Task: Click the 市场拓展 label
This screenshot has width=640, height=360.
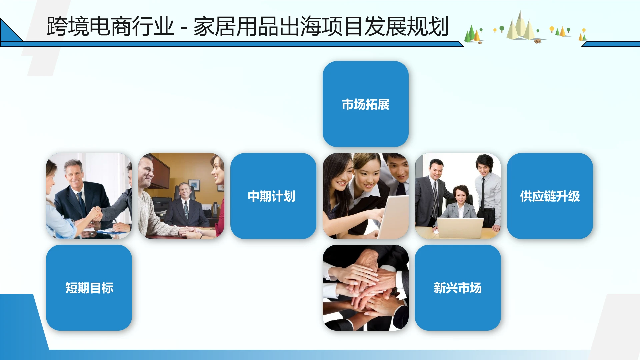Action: coord(365,105)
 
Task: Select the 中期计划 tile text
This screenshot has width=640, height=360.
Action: coord(271,196)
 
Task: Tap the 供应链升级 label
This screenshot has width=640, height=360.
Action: coord(550,196)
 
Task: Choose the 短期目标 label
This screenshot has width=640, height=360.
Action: coord(89,288)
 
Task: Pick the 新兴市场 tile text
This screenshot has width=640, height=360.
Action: coord(457,288)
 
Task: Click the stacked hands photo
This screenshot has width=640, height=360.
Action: coord(365,288)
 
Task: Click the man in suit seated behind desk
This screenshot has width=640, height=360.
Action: coord(184,207)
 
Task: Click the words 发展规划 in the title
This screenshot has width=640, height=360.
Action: coord(406,27)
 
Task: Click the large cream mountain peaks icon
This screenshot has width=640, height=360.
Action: coord(520,27)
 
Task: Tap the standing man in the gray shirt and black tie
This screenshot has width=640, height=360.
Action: coord(488,193)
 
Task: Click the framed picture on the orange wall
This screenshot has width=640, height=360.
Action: coord(194,185)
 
